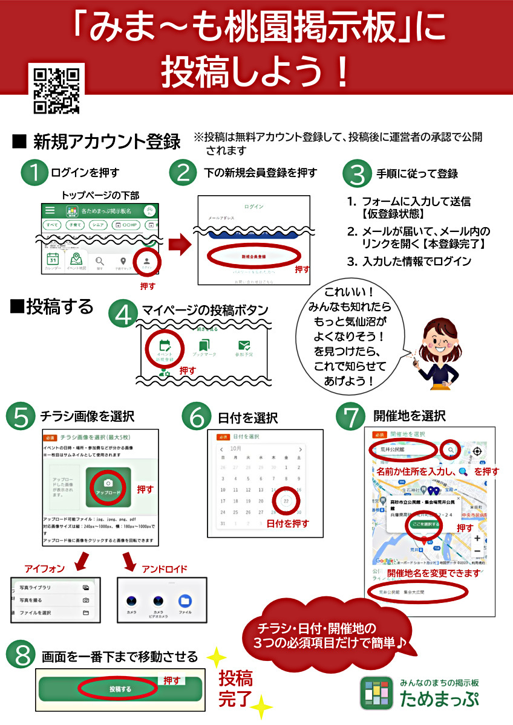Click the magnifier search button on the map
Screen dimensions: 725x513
point(451,450)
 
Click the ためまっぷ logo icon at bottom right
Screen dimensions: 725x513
point(376,692)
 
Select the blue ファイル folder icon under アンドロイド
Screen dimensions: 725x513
point(185,602)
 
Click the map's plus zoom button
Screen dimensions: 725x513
point(477,538)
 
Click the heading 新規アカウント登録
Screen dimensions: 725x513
point(106,142)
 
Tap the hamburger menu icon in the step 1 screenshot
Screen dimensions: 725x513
point(50,210)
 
